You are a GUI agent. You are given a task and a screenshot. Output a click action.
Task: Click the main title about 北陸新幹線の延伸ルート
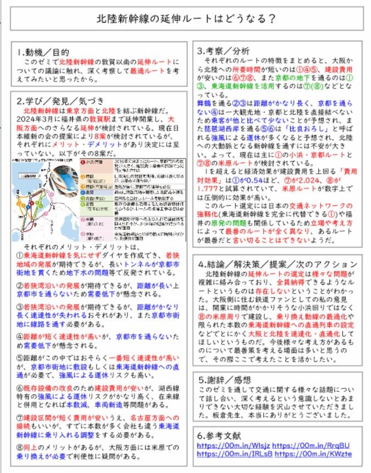(x=186, y=18)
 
